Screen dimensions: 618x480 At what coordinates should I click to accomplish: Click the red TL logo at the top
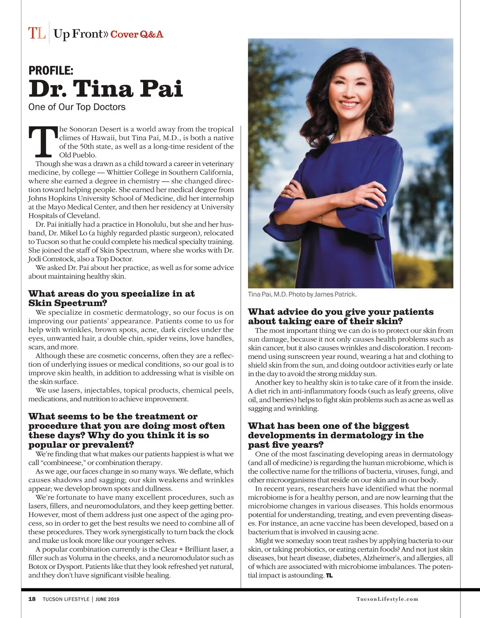point(36,33)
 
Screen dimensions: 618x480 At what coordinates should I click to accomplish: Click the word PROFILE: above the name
point(51,71)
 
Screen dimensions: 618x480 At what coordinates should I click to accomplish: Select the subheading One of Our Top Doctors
point(77,107)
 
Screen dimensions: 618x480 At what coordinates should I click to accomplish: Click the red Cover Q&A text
point(137,34)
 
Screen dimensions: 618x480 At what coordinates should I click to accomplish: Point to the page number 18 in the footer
point(32,599)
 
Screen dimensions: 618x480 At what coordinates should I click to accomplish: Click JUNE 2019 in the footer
point(107,599)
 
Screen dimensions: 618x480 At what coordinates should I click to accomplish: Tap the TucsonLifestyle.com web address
point(387,599)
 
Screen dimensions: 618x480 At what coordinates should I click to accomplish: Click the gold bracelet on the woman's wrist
point(320,219)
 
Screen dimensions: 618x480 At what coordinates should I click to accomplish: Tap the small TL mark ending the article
point(329,576)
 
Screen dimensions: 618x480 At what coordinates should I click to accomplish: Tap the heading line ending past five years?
point(286,445)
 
